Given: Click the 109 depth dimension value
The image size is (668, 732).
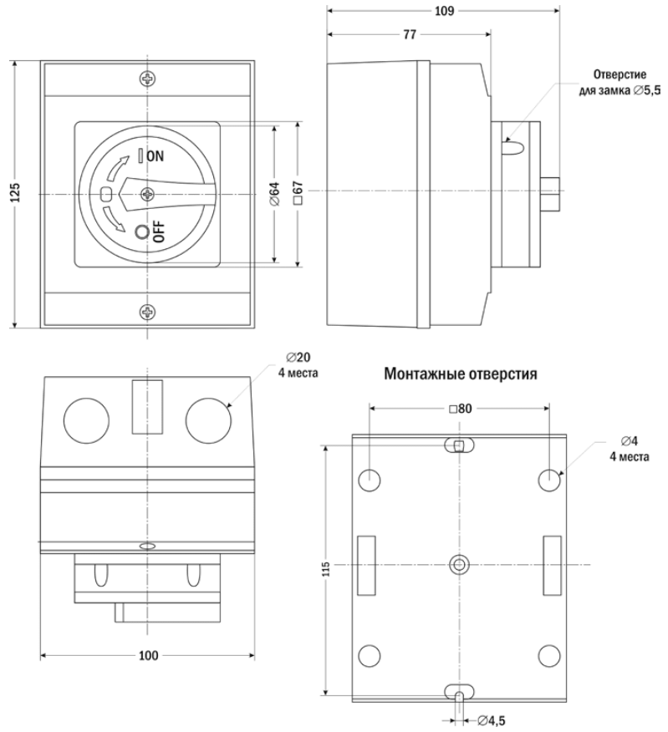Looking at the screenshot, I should [x=445, y=12].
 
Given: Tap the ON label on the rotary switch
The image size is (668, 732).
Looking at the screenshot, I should [x=156, y=155].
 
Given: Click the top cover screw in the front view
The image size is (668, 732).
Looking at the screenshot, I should [x=148, y=79].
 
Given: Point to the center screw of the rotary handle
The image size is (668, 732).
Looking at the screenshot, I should [x=148, y=194].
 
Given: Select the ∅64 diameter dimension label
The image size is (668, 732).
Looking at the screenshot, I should [x=273, y=193].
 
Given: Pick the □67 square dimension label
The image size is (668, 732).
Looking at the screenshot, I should [x=297, y=193].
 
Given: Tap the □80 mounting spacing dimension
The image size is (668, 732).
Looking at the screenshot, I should [x=461, y=409].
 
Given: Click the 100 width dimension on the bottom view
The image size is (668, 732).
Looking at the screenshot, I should [x=148, y=656].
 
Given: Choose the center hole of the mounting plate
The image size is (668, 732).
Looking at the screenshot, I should [x=457, y=564].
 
